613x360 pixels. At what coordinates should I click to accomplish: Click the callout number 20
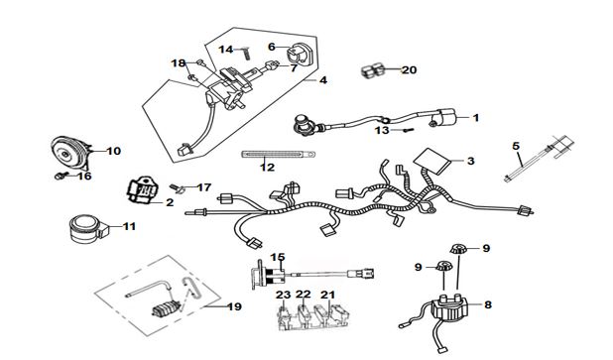pyautogui.click(x=410, y=70)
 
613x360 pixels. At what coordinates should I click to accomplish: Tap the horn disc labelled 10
pyautogui.click(x=70, y=153)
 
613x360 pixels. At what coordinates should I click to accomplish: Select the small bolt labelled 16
pyautogui.click(x=60, y=177)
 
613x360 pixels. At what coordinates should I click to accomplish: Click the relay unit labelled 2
pyautogui.click(x=142, y=189)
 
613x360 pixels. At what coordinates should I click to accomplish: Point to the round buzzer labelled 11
pyautogui.click(x=86, y=229)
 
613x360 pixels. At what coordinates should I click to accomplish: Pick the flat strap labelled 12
pyautogui.click(x=279, y=155)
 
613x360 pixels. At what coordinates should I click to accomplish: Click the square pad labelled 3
pyautogui.click(x=432, y=161)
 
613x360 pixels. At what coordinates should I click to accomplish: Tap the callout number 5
pyautogui.click(x=516, y=146)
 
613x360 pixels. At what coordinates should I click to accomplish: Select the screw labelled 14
pyautogui.click(x=247, y=53)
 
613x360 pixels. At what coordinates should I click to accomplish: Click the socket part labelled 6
pyautogui.click(x=301, y=54)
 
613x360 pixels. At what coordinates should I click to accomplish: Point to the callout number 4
pyautogui.click(x=323, y=80)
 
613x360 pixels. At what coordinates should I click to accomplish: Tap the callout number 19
pyautogui.click(x=234, y=306)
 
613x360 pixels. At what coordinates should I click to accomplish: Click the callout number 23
pyautogui.click(x=283, y=295)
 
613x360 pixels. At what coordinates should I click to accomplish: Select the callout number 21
pyautogui.click(x=328, y=295)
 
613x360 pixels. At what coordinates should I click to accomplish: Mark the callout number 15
pyautogui.click(x=278, y=257)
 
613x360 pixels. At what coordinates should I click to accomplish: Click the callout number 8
pyautogui.click(x=488, y=304)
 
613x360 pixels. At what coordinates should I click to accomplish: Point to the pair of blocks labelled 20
pyautogui.click(x=373, y=70)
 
